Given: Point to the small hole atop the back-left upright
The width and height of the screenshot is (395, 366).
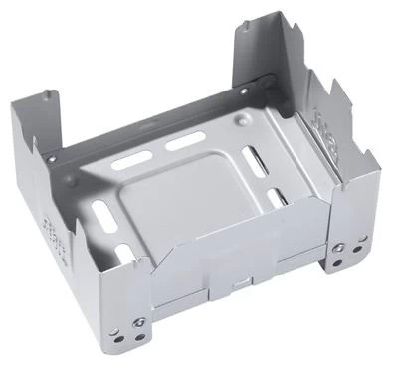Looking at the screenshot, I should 47,96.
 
